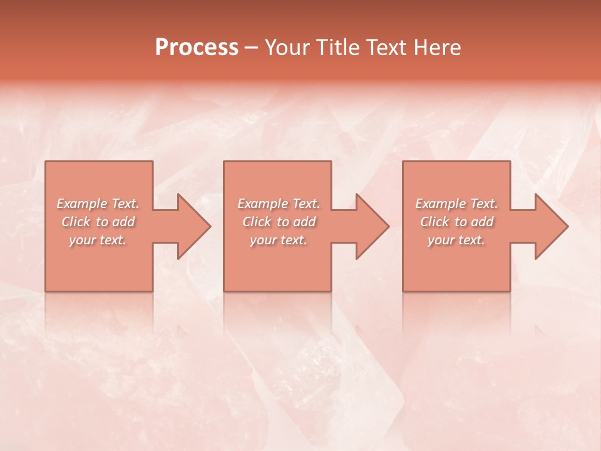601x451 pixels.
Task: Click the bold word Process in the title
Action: [197, 48]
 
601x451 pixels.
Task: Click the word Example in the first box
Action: [82, 204]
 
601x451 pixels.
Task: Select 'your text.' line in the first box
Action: [98, 240]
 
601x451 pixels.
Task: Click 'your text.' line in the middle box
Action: [279, 240]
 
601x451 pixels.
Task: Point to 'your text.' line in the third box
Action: [456, 240]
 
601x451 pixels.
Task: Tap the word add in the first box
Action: [123, 222]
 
